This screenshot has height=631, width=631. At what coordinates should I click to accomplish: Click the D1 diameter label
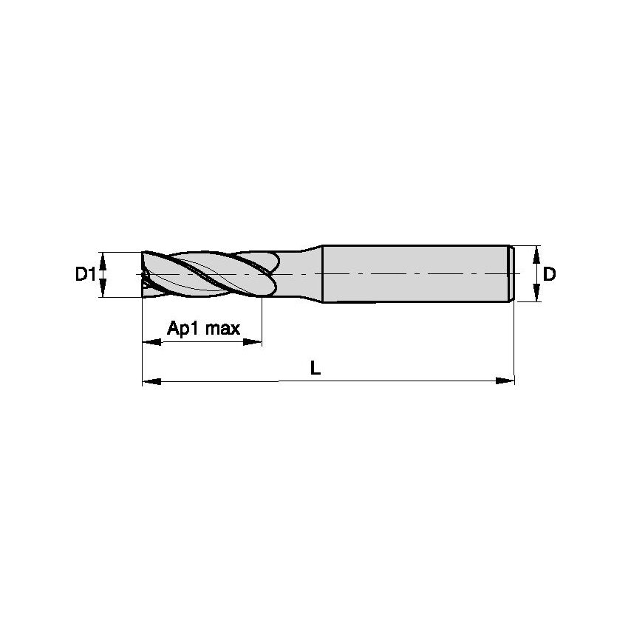pos(85,275)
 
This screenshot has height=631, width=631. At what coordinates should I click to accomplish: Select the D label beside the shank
pos(549,274)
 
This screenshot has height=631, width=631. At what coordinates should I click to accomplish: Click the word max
pos(222,328)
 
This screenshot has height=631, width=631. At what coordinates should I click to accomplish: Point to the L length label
pos(315,367)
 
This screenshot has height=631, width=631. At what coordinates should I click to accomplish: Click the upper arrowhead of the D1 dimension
pos(104,258)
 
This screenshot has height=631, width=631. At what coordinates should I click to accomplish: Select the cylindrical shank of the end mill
pos(414,273)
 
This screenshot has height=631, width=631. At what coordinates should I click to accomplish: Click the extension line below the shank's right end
pos(514,340)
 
